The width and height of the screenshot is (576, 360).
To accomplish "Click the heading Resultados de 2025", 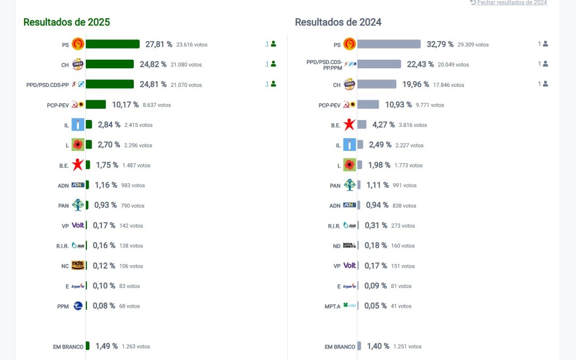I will pos(67,22).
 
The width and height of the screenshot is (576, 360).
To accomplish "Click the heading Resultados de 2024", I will pos(338,22).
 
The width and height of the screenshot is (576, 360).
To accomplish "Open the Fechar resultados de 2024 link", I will pos(509,3).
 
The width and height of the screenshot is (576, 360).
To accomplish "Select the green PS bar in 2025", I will pos(113,44).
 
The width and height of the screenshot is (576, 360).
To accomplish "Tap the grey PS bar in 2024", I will pos(389,44).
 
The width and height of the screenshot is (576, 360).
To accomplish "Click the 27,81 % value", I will pos(159,44).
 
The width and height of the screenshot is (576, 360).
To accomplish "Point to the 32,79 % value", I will pos(440,44).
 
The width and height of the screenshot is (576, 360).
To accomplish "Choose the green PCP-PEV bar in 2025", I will pos(96,105).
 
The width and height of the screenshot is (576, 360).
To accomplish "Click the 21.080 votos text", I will pos(186,65).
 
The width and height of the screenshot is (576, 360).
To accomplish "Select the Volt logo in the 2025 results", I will pos(78,226).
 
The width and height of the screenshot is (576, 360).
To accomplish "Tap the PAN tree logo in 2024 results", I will pos(349,185).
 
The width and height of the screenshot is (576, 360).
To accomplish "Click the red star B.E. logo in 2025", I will pos(78,165).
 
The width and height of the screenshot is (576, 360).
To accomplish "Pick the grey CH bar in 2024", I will pos(377,84).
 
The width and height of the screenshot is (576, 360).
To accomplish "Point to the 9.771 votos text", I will pos(430,105).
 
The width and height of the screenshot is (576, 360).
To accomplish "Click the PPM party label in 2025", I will pos(63,307).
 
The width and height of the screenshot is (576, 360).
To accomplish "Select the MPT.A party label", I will pos(332,307).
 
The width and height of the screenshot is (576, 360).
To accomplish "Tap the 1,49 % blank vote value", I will pos(107,346).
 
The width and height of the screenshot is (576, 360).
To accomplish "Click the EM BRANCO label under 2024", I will pos(340,347).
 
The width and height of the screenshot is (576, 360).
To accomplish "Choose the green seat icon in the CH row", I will pos(273,64).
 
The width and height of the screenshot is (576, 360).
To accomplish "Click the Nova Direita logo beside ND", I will pos(349,245).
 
